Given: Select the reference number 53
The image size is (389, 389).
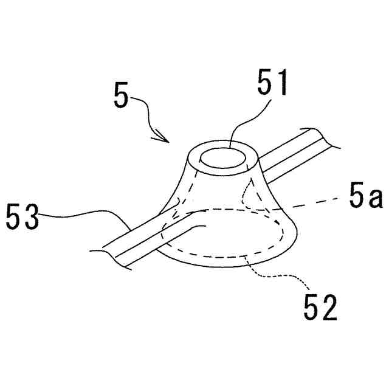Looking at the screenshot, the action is click(x=23, y=217).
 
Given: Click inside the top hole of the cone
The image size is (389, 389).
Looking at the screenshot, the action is click(x=223, y=159).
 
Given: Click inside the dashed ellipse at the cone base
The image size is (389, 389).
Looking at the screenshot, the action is click(x=225, y=237).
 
